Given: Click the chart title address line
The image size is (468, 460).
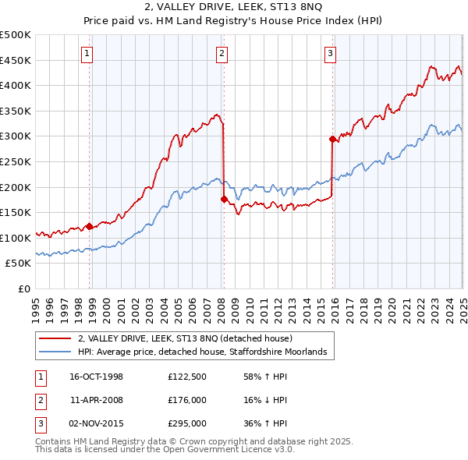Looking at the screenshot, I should (x=233, y=7).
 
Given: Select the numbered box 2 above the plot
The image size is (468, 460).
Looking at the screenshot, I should (x=222, y=53).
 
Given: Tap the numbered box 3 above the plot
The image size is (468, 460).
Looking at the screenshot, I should (x=330, y=53).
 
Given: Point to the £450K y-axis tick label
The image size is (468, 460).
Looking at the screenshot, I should (x=16, y=60).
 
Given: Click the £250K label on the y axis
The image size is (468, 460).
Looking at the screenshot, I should (x=16, y=161).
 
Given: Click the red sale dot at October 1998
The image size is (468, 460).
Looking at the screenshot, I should (x=90, y=226).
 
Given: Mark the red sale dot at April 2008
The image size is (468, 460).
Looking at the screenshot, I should (x=224, y=199).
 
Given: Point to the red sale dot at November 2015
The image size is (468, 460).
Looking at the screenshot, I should (x=332, y=139).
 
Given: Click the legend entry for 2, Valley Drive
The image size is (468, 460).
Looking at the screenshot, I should (x=185, y=338).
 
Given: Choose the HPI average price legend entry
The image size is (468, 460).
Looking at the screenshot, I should (x=206, y=352).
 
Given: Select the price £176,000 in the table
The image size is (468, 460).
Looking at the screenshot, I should (x=186, y=400).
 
